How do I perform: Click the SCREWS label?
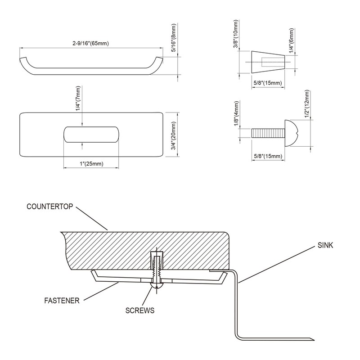click(140, 310)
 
